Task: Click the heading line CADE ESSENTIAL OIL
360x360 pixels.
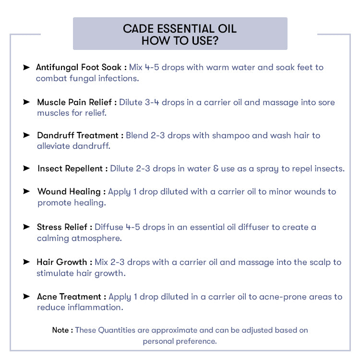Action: [x=180, y=28]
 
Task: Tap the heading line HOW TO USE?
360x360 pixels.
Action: [x=180, y=41]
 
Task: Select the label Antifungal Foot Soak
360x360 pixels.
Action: [x=79, y=67]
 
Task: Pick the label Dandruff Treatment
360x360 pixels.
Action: [x=77, y=135]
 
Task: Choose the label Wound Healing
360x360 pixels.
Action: [x=69, y=192]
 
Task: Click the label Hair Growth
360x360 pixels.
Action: [x=62, y=262]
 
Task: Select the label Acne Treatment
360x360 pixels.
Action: [x=69, y=297]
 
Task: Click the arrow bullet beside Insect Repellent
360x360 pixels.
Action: [x=26, y=168]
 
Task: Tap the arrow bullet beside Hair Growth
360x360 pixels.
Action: [x=26, y=262]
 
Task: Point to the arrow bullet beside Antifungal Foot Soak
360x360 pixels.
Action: [x=26, y=67]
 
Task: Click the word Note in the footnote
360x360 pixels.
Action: [x=60, y=330]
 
